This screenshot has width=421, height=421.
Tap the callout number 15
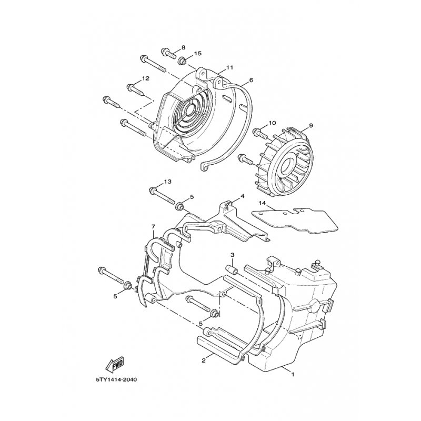pyautogui.click(x=198, y=54)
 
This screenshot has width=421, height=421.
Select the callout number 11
pyautogui.click(x=229, y=68)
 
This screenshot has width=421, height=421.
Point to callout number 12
pyautogui.click(x=146, y=78)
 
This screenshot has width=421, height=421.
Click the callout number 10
pyautogui.click(x=272, y=123)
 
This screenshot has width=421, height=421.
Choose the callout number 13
pyautogui.click(x=167, y=182)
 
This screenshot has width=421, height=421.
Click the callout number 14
pyautogui.click(x=263, y=203)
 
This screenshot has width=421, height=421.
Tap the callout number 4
pyautogui.click(x=243, y=196)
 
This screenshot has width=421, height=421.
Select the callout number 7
pyautogui.click(x=153, y=227)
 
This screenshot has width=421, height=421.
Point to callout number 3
pyautogui.click(x=232, y=255)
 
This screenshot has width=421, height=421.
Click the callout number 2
pyautogui.click(x=203, y=361)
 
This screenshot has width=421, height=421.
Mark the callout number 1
pyautogui.click(x=293, y=375)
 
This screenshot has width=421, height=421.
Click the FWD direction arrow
pyautogui.click(x=115, y=364)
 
